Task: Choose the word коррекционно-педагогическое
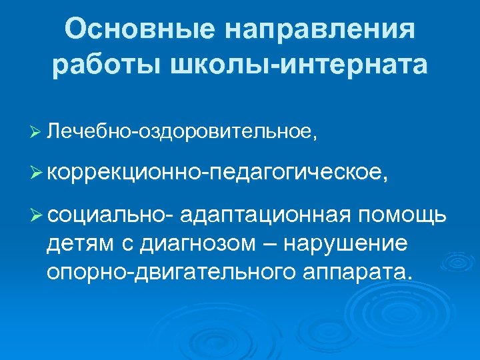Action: tap(216, 173)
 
